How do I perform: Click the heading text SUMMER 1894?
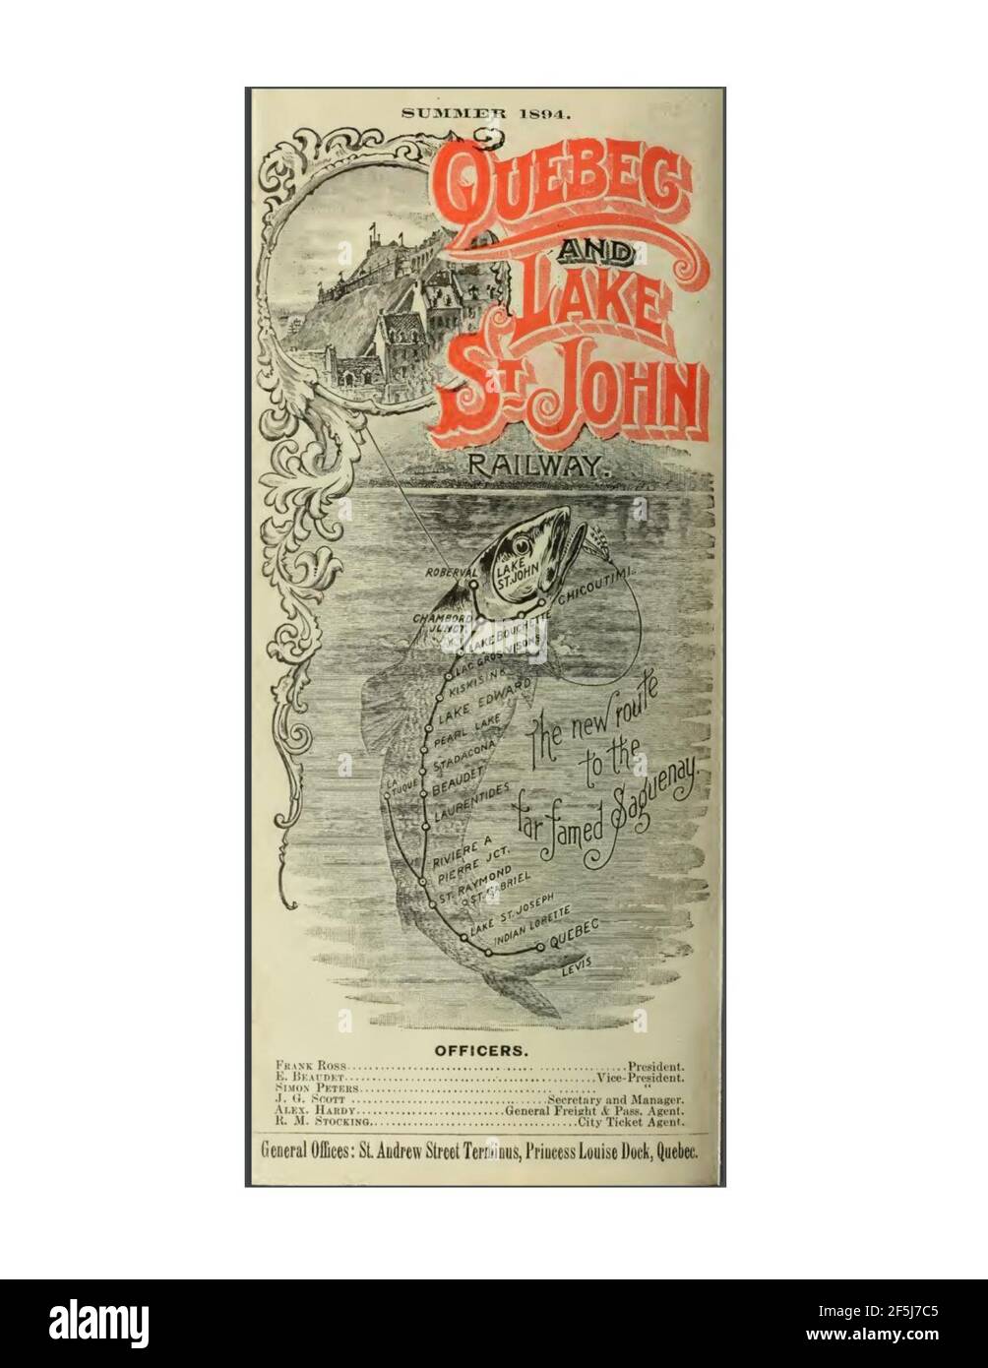pyautogui.click(x=485, y=113)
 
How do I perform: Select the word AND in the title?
pyautogui.click(x=596, y=254)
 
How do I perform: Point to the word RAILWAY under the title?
pyautogui.click(x=532, y=466)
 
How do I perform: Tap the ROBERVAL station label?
pyautogui.click(x=451, y=572)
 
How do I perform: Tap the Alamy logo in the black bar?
pyautogui.click(x=98, y=1323)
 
